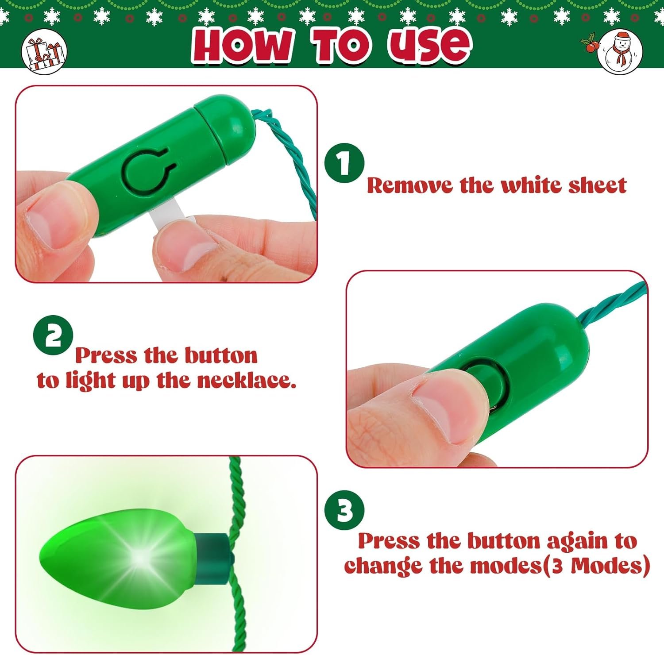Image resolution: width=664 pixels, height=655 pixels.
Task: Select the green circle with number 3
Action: (x=344, y=510)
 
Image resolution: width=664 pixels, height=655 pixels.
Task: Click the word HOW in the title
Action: (x=243, y=44)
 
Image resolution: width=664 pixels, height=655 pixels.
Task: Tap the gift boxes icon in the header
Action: (x=44, y=52)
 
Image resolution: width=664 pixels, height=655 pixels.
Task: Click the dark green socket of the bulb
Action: (x=214, y=558)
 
